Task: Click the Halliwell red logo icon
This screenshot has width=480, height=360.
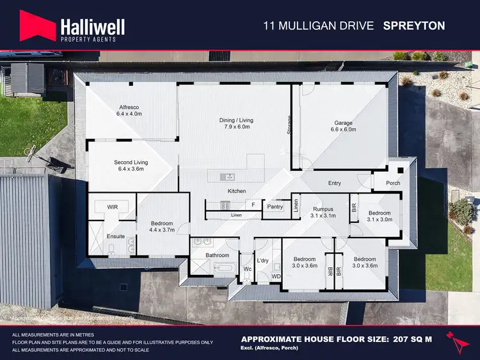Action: pyautogui.click(x=38, y=26)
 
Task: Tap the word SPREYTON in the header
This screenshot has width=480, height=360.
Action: pyautogui.click(x=413, y=26)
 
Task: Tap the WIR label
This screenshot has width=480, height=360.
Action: pyautogui.click(x=112, y=208)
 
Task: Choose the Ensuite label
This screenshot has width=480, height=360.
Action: pyautogui.click(x=115, y=236)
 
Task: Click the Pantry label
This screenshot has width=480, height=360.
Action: pyautogui.click(x=275, y=207)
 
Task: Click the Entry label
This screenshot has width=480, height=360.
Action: pyautogui.click(x=334, y=183)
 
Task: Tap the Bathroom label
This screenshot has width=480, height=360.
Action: pyautogui.click(x=217, y=255)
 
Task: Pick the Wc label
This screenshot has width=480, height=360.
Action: pyautogui.click(x=247, y=269)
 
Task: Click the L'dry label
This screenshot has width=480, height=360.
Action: pyautogui.click(x=262, y=261)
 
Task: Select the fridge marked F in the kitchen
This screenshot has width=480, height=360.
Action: pyautogui.click(x=254, y=205)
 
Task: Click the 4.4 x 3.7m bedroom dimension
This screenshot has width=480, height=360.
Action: pyautogui.click(x=162, y=229)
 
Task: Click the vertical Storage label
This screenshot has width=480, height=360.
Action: pyautogui.click(x=289, y=124)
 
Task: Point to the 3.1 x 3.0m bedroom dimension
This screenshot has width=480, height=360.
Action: pyautogui.click(x=379, y=220)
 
